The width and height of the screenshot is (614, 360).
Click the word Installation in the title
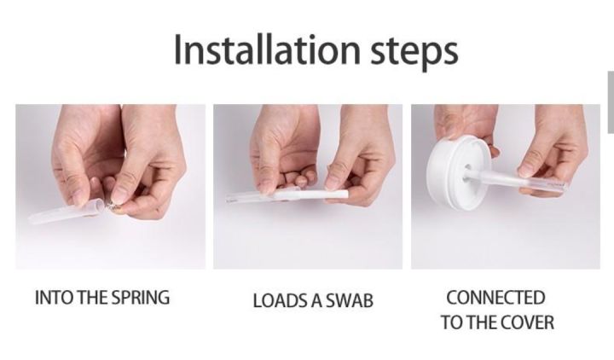[x=267, y=49]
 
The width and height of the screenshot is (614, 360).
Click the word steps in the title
[x=414, y=53]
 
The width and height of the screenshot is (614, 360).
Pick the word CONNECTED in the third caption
[x=495, y=298]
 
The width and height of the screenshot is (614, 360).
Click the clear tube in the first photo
[x=66, y=212]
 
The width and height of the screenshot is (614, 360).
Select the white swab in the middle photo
[x=310, y=195]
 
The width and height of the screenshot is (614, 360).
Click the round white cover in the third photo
[x=459, y=173]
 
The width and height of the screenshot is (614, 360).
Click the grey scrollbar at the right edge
[x=611, y=102]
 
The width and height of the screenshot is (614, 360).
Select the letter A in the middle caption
[x=316, y=301]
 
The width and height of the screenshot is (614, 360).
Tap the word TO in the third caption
[x=451, y=322]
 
